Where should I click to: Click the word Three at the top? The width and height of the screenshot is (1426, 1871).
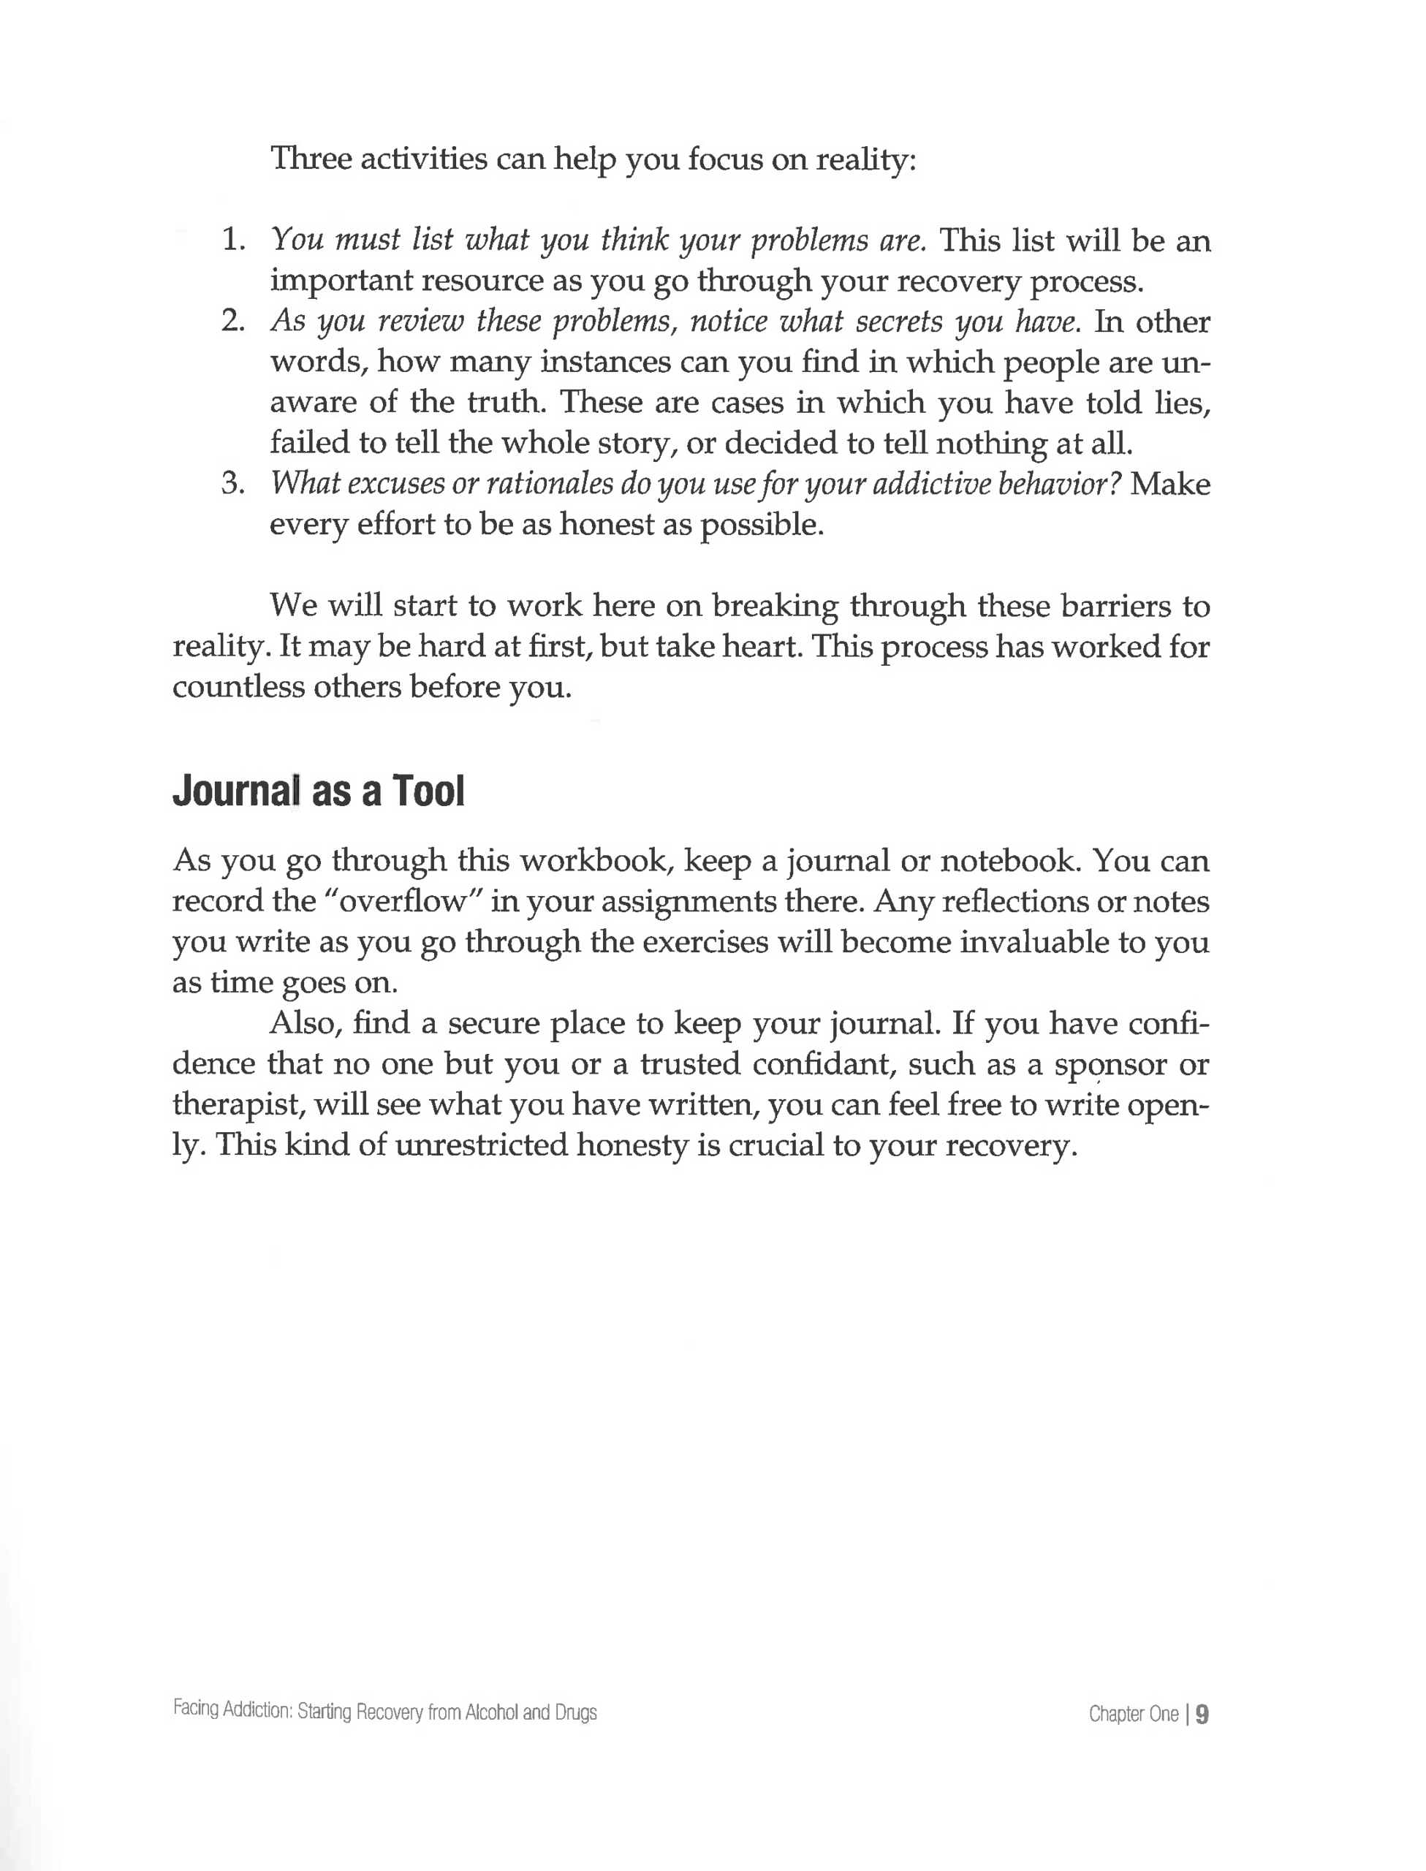tap(311, 159)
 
